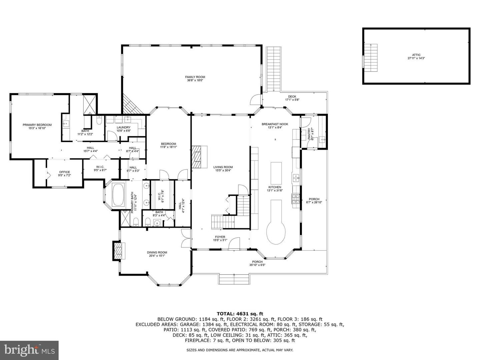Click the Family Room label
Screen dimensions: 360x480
point(195,79)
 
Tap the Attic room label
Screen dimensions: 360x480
point(416,56)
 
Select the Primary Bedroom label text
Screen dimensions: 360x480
point(37,126)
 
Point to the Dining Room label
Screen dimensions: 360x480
point(157,254)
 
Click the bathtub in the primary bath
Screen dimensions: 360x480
point(118,194)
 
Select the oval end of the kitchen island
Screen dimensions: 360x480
point(276,232)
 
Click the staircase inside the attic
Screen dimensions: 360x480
point(371,57)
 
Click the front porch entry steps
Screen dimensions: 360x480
point(234,279)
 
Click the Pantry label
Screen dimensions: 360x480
point(309,134)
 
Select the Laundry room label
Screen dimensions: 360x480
point(123,129)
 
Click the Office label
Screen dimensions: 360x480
point(64,173)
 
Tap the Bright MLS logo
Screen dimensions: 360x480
point(29,350)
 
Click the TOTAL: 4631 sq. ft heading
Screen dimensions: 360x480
point(240,314)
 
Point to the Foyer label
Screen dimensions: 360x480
point(220,239)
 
